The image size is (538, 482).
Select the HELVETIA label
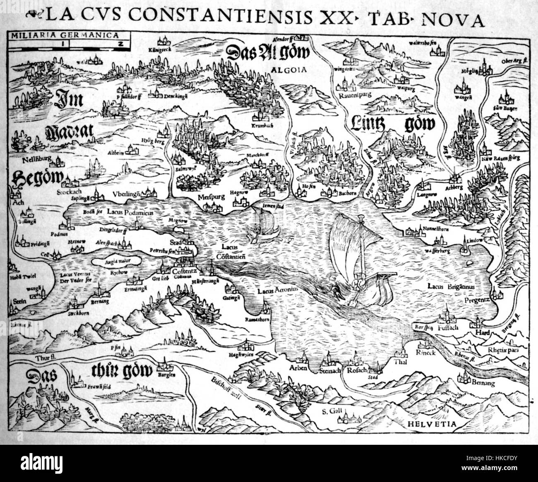(431, 425)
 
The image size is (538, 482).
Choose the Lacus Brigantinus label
(453, 286)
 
